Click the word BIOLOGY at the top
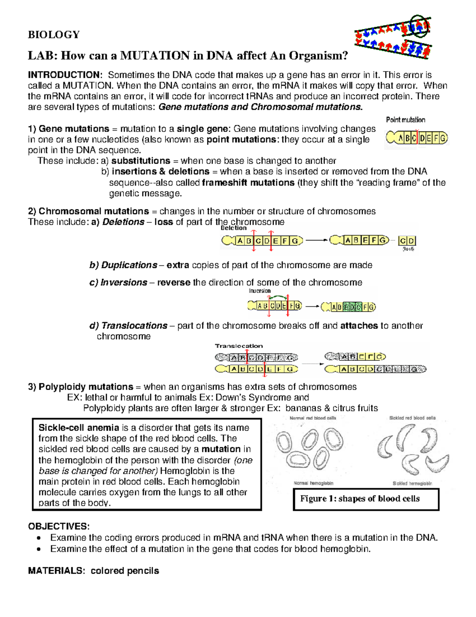click(x=54, y=35)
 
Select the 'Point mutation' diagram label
click(x=405, y=120)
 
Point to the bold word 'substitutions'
click(x=141, y=161)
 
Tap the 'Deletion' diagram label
click(x=234, y=228)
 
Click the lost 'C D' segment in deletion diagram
click(x=407, y=241)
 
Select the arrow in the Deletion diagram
click(x=316, y=240)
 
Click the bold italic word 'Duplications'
click(x=129, y=265)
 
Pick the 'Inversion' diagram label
click(x=260, y=291)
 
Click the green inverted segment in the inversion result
click(x=352, y=307)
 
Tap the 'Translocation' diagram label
click(x=239, y=346)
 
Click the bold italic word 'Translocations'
click(x=134, y=326)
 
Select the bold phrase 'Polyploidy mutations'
click(x=86, y=387)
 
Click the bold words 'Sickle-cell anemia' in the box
click(x=79, y=428)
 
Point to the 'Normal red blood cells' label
click(x=313, y=418)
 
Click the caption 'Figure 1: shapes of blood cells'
click(x=360, y=499)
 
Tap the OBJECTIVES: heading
click(x=59, y=526)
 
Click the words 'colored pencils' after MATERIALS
click(x=125, y=571)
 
